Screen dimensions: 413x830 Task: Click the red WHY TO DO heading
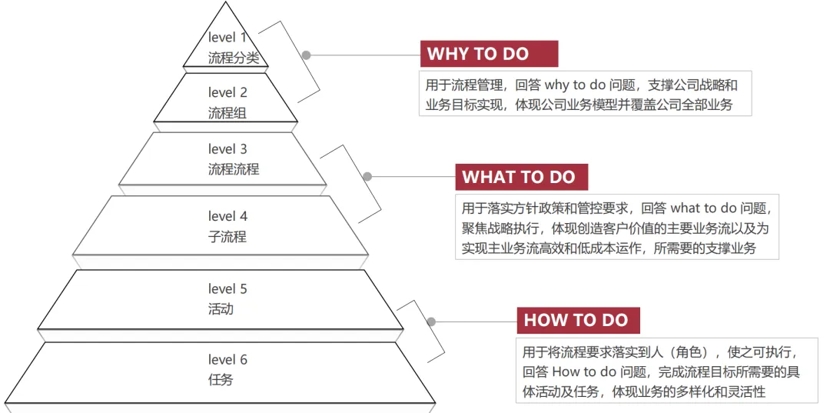[x=489, y=54]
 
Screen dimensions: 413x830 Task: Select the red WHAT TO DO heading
[x=520, y=177]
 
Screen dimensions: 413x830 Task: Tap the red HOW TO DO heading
[x=576, y=320]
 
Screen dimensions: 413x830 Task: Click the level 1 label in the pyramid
[x=227, y=37]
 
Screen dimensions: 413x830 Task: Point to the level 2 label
[x=227, y=93]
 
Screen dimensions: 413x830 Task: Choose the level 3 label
[x=227, y=149]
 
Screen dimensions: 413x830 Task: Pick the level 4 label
[x=227, y=216]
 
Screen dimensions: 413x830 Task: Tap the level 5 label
[x=227, y=289]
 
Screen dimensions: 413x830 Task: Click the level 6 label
[x=227, y=360]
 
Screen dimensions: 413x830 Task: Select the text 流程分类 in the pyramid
[x=234, y=58]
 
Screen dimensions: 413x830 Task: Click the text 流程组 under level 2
[x=227, y=113]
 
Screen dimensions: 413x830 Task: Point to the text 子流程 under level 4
[x=227, y=237]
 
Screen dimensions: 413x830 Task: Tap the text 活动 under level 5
[x=221, y=309]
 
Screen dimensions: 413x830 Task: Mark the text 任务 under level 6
[x=221, y=380]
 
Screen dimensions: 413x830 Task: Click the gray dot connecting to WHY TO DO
[x=306, y=55]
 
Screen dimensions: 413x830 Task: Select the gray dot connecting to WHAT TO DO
[x=367, y=177]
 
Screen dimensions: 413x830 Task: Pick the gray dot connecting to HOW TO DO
[x=431, y=321]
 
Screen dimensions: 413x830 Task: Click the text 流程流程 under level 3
[x=234, y=169]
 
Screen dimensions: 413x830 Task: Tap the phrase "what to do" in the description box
[x=703, y=208]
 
